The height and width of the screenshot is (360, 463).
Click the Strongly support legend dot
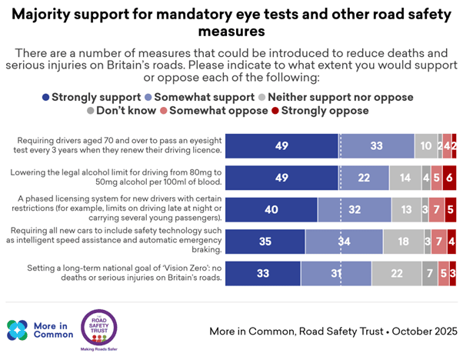[45, 98]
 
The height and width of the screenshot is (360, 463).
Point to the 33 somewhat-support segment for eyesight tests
[377, 145]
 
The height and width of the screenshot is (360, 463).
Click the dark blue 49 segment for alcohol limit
[282, 177]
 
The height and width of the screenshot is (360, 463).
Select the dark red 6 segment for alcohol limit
[449, 177]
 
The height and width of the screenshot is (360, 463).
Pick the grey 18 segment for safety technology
[402, 242]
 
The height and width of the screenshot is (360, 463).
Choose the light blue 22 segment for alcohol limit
[362, 177]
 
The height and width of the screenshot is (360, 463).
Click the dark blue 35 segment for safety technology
[265, 242]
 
